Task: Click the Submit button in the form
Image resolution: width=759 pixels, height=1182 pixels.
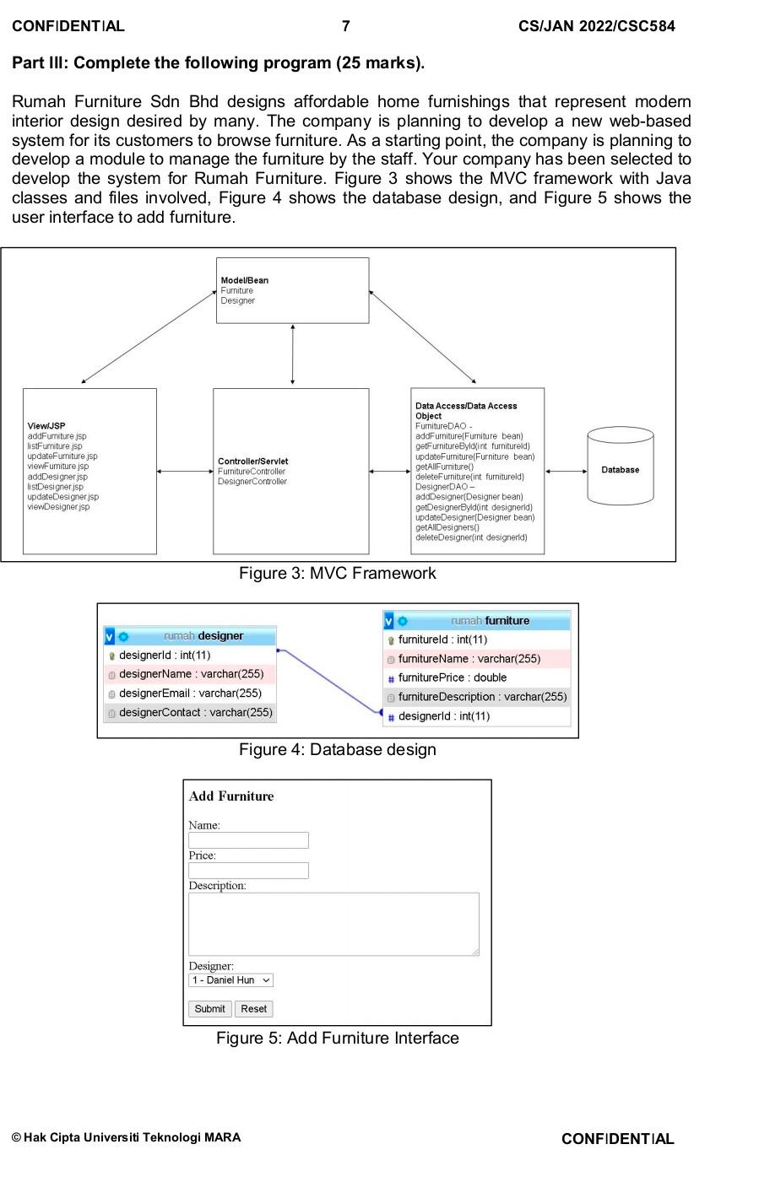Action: pos(209,1008)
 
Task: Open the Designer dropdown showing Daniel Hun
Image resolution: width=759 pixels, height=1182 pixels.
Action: pos(230,980)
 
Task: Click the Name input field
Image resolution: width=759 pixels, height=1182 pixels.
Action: pos(248,840)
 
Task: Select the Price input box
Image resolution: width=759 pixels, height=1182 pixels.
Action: pos(248,871)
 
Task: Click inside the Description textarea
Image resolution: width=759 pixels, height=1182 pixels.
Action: pos(333,924)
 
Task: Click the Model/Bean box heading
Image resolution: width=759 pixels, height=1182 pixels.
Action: pos(245,280)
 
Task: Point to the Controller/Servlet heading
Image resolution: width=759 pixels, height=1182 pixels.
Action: pos(252,461)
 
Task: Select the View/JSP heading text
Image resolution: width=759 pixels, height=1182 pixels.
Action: pos(46,426)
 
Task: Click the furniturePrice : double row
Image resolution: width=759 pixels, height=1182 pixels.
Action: pos(453,677)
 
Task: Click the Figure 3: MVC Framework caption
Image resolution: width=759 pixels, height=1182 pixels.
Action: pos(337,574)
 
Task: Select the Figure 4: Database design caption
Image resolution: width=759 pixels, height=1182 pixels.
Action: pos(337,749)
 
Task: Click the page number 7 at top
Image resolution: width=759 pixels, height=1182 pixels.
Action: pos(345,26)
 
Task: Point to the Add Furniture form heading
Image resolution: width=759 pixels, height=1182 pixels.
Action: pos(231,796)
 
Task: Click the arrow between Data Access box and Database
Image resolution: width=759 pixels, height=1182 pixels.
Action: pos(566,472)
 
